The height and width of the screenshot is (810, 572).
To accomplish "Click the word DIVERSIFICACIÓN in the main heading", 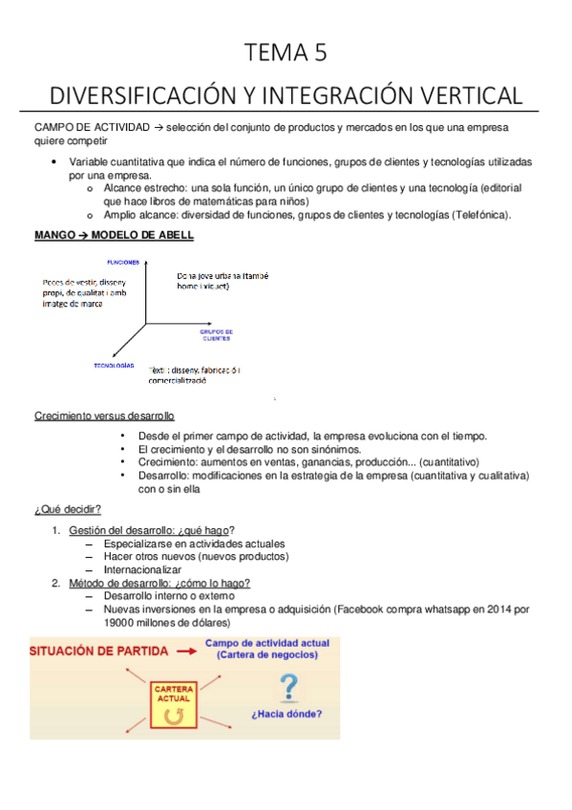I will pyautogui.click(x=152, y=96).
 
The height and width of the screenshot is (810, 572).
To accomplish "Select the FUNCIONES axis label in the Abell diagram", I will pyautogui.click(x=124, y=262).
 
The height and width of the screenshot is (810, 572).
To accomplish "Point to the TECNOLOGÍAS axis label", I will pyautogui.click(x=114, y=365).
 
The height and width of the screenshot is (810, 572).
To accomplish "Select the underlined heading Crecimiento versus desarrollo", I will pyautogui.click(x=104, y=416).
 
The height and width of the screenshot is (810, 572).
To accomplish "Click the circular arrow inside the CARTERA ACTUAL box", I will pyautogui.click(x=173, y=715).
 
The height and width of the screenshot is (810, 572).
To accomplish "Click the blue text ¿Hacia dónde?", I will pyautogui.click(x=286, y=714).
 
